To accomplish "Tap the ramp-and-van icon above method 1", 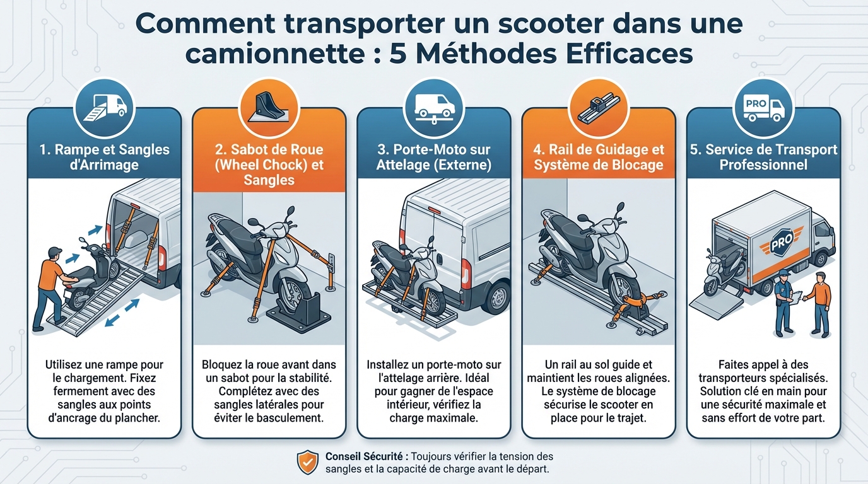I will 105,105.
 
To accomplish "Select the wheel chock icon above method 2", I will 269,105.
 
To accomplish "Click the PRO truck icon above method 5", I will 763,105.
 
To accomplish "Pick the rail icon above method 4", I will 599,105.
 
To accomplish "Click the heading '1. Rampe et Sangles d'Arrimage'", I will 105,158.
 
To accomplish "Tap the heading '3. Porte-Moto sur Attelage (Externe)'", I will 433,158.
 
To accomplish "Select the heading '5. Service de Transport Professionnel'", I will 763,158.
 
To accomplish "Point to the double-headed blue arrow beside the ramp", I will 122,313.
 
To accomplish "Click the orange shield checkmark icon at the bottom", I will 308,462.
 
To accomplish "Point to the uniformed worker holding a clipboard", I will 784,301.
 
